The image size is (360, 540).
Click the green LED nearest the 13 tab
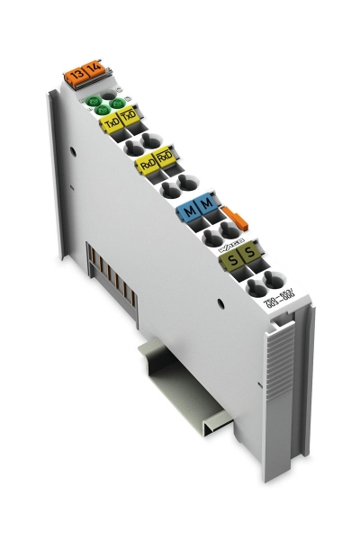(94, 102)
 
